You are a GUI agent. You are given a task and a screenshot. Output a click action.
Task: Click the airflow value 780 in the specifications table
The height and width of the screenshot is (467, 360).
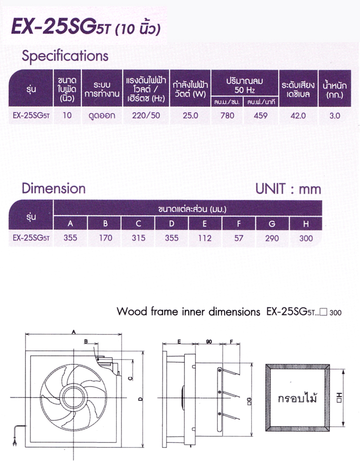coord(227,116)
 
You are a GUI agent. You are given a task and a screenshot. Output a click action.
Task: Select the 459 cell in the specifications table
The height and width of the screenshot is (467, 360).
coord(260,116)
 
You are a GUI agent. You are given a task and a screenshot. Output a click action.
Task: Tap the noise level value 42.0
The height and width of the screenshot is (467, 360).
coord(298,116)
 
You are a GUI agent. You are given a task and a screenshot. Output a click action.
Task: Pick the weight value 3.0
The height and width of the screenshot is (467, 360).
coord(335,116)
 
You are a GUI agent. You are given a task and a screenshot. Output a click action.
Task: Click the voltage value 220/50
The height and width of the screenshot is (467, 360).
coord(146,116)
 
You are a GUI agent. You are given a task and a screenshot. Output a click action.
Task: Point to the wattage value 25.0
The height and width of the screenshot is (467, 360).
coord(190,116)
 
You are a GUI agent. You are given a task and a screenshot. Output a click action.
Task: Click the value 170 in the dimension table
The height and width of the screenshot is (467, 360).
coord(106,238)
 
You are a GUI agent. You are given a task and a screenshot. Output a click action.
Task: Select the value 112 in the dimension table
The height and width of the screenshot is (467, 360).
coord(205,238)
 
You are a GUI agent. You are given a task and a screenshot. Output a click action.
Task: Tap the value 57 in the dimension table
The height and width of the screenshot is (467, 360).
coord(239,238)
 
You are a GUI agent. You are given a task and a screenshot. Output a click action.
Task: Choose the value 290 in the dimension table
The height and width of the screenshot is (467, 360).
coord(272,238)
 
